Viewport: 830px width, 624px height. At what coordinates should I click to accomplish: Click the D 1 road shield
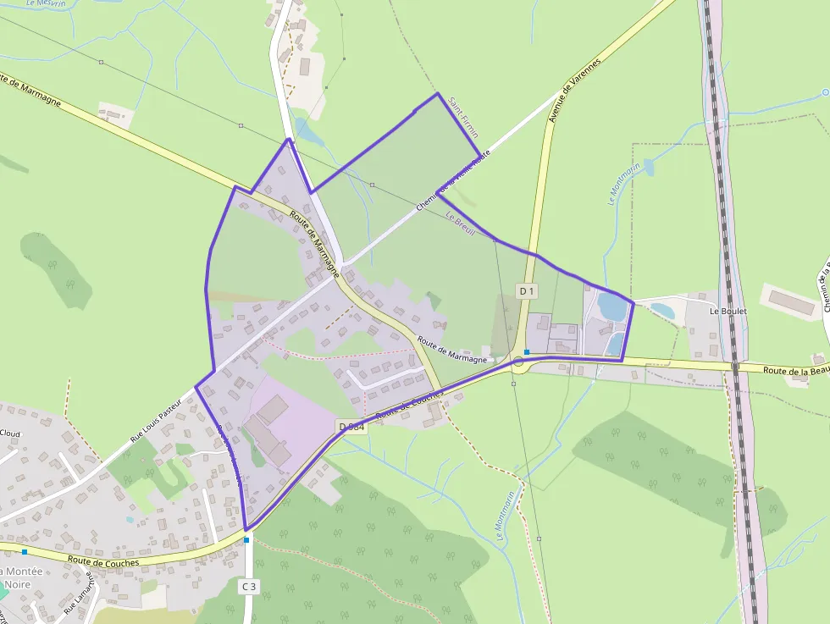[x=528, y=290]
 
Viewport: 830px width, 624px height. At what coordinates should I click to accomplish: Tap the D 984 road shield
[x=351, y=426]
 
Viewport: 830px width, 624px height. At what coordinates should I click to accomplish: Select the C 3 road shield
[x=248, y=586]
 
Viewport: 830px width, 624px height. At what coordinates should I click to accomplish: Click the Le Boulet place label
[x=727, y=311]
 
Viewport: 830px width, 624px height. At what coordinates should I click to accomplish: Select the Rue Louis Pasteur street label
[x=156, y=420]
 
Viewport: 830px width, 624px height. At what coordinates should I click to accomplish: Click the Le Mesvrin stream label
[x=46, y=3]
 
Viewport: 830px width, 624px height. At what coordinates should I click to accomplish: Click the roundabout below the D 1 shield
[x=517, y=365]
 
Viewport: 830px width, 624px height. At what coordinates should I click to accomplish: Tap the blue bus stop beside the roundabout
[x=527, y=351]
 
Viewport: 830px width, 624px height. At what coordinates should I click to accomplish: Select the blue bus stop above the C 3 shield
[x=247, y=538]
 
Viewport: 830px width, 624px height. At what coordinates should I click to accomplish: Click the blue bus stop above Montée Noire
[x=25, y=551]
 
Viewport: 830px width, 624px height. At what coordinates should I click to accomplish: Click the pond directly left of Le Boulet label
[x=662, y=311]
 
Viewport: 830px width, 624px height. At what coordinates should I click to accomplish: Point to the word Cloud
[x=9, y=433]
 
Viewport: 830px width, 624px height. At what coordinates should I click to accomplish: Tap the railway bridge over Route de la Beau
[x=735, y=367]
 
